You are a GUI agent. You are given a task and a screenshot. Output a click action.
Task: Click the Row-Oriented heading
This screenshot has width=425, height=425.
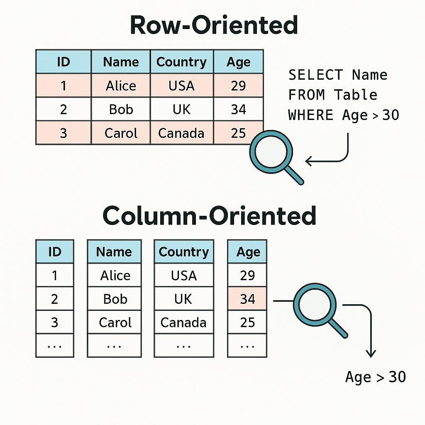(x=214, y=25)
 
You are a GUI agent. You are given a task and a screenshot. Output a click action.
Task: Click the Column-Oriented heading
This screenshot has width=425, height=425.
(x=209, y=215)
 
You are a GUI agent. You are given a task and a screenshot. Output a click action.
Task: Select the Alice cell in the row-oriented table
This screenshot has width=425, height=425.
(x=121, y=86)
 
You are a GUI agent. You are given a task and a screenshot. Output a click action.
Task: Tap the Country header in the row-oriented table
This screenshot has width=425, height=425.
(x=181, y=62)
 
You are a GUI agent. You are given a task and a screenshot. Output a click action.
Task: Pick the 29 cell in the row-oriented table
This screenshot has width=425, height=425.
(x=238, y=86)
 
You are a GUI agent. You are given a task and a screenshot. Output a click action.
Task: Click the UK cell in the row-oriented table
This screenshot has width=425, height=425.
(x=181, y=110)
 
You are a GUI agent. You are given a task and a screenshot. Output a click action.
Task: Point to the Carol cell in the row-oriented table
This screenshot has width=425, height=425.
(x=121, y=133)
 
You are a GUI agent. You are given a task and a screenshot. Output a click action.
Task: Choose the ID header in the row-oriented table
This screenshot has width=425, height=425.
(x=63, y=62)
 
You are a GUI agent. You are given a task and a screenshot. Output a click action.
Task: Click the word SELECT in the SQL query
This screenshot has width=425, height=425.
(x=315, y=75)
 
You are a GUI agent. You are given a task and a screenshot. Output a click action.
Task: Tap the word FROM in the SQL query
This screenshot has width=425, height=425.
(x=307, y=95)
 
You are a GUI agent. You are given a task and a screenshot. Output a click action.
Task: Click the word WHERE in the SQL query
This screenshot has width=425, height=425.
(x=311, y=115)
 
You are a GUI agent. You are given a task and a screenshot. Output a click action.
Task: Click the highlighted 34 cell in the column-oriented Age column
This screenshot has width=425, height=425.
(x=247, y=299)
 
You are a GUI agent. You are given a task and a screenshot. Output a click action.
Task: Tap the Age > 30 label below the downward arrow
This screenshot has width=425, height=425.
(x=375, y=377)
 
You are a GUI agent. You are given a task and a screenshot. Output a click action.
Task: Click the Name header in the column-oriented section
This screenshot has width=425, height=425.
(x=114, y=252)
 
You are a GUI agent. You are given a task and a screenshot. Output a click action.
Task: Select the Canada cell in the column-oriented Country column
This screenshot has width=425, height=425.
(x=183, y=322)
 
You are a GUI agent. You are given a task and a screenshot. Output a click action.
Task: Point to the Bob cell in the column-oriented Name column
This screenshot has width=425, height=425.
(x=115, y=299)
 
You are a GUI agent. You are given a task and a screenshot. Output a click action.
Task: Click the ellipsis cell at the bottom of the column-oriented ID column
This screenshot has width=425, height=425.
(x=54, y=345)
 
